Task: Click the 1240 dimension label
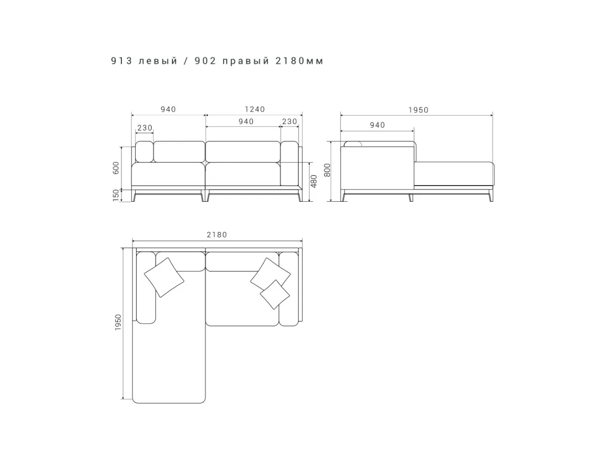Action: (255, 109)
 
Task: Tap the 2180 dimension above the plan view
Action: (217, 235)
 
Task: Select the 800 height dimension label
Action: (327, 170)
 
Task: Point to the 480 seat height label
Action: (314, 181)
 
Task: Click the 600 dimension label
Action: (116, 168)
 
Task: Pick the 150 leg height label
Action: (116, 195)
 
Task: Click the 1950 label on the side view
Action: (418, 110)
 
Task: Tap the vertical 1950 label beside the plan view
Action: (118, 322)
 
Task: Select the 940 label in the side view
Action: (377, 125)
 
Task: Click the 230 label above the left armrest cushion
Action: (145, 128)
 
